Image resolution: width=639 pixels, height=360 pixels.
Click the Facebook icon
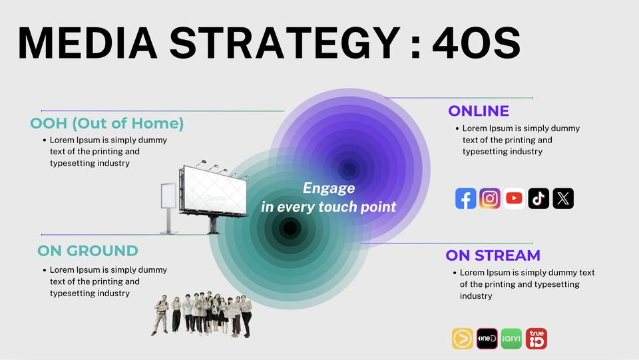[465, 198]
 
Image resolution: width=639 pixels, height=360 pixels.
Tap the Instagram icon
[490, 198]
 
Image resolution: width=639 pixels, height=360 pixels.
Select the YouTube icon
[514, 198]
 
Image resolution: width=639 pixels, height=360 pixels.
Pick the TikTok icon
[538, 198]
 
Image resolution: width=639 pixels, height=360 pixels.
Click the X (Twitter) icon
[563, 198]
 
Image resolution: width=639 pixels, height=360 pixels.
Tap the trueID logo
[536, 339]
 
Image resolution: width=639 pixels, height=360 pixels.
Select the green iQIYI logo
[511, 339]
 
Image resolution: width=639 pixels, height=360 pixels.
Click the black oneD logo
[487, 339]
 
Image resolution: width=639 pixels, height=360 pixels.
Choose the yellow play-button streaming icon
[463, 339]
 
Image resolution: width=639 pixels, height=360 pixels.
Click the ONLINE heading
[479, 110]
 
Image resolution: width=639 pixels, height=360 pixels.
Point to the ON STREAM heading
[493, 256]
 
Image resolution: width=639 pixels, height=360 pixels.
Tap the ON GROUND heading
[88, 251]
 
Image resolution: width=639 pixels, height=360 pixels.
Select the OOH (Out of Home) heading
[106, 123]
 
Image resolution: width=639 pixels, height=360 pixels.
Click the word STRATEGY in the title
[284, 43]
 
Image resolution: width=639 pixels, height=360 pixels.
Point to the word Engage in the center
[329, 188]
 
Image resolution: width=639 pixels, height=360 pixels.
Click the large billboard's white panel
[215, 190]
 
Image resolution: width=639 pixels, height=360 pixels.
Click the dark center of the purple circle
[349, 169]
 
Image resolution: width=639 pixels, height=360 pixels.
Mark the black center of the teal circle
[290, 228]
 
